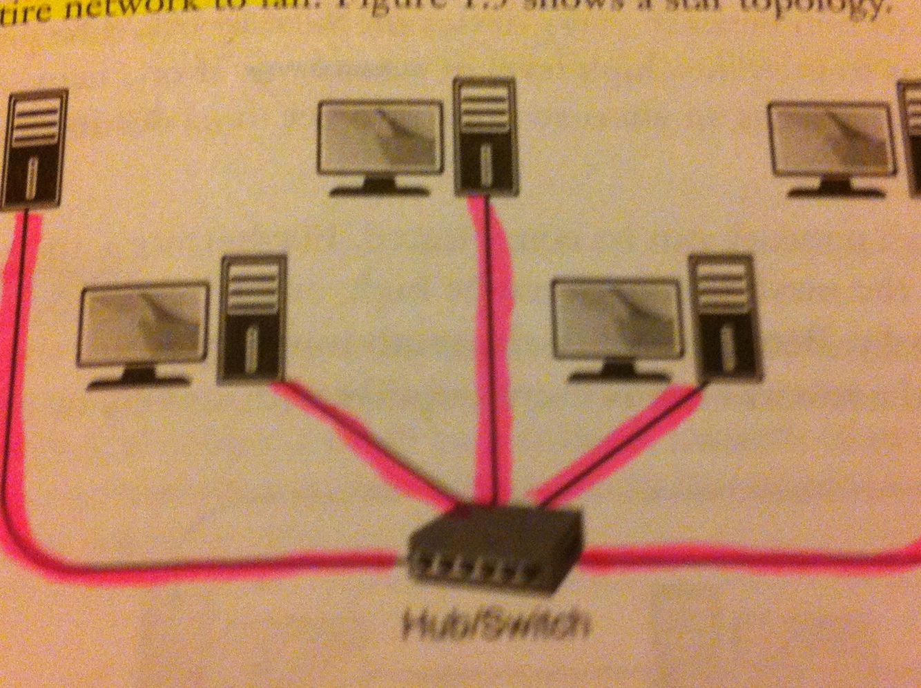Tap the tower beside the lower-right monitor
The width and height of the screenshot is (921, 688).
(x=724, y=318)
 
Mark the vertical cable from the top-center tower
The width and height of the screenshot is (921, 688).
(x=492, y=345)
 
